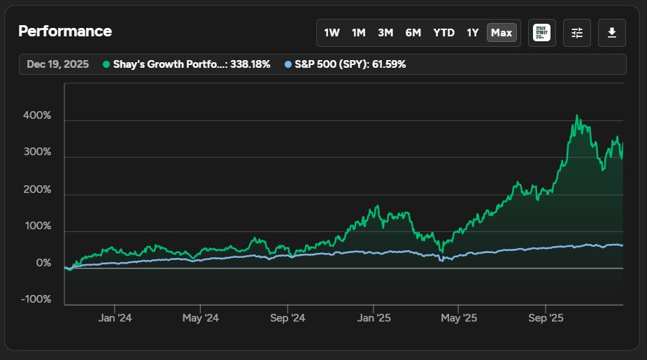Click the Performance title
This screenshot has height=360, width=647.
(x=65, y=31)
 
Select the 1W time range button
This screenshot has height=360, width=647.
(x=332, y=33)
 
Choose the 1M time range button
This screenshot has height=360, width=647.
(x=358, y=33)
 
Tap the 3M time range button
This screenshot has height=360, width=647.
(x=385, y=33)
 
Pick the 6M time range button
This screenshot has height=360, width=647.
(x=413, y=33)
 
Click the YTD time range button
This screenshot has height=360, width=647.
(x=443, y=33)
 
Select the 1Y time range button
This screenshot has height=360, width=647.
(x=473, y=33)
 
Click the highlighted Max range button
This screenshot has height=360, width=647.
(x=502, y=33)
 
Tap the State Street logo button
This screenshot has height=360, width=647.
(x=542, y=33)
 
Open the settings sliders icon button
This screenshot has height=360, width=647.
(x=577, y=33)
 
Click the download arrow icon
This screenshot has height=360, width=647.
(x=612, y=33)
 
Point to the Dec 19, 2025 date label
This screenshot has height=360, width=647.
(x=58, y=64)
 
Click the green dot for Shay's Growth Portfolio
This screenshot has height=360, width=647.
(x=106, y=64)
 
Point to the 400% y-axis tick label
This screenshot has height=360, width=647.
(x=38, y=115)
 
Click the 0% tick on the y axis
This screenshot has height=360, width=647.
(x=43, y=264)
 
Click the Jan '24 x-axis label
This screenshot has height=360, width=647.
(x=115, y=318)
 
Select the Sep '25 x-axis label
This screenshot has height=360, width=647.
(x=546, y=318)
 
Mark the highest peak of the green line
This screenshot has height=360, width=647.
(x=577, y=116)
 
